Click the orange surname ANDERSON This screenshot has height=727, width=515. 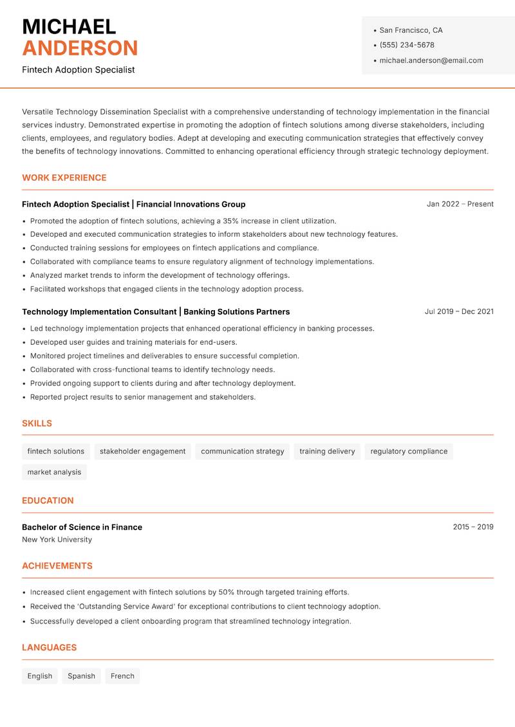pyautogui.click(x=80, y=48)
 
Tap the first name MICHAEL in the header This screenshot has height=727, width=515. pyautogui.click(x=69, y=26)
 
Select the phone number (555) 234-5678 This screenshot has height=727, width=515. pyautogui.click(x=406, y=45)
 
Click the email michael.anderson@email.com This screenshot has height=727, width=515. pyautogui.click(x=431, y=60)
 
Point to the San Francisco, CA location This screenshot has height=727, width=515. pyautogui.click(x=411, y=30)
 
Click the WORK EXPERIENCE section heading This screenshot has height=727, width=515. pyautogui.click(x=64, y=178)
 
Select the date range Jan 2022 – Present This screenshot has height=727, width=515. pyautogui.click(x=460, y=204)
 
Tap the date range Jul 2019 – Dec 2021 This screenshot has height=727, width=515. pyautogui.click(x=458, y=311)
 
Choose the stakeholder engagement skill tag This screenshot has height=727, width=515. pyautogui.click(x=142, y=452)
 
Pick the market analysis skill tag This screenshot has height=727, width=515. pyautogui.click(x=54, y=472)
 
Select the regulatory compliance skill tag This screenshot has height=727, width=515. pyautogui.click(x=409, y=452)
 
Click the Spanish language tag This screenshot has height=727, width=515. pyautogui.click(x=81, y=676)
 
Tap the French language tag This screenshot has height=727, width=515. pyautogui.click(x=122, y=676)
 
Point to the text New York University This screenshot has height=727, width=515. pyautogui.click(x=57, y=540)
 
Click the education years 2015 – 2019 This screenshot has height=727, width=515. pyautogui.click(x=473, y=527)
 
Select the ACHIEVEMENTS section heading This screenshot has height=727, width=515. pyautogui.click(x=57, y=566)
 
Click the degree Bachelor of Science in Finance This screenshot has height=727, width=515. pyautogui.click(x=82, y=527)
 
